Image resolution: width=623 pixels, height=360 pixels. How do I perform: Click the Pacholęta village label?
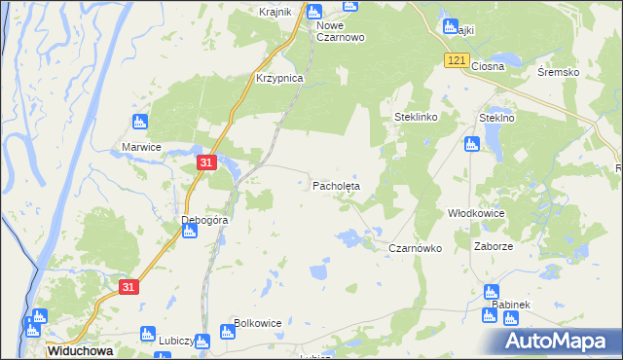click(x=336, y=185)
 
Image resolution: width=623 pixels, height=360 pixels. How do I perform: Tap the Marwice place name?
click(x=141, y=147)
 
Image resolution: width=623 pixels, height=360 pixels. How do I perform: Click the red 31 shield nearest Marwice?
click(x=205, y=163)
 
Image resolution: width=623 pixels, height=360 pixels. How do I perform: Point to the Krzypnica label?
click(x=279, y=78)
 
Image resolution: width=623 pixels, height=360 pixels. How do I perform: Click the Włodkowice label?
click(x=475, y=212)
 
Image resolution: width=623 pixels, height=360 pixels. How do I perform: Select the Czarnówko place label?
click(x=416, y=248)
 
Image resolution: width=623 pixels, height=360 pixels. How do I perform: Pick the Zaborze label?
click(x=494, y=247)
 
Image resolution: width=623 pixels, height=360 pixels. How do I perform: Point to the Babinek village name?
click(x=510, y=305)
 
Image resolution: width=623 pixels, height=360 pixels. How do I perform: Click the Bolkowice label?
click(x=258, y=323)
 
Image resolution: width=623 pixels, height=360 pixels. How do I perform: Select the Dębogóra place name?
click(x=204, y=221)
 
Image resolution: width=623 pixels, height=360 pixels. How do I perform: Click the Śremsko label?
click(x=559, y=72)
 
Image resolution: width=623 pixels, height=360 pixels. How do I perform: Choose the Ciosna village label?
click(x=488, y=67)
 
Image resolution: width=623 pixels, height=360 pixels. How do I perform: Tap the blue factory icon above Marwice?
click(x=138, y=123)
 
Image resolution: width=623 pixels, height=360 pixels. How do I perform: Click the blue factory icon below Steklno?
click(x=472, y=144)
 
